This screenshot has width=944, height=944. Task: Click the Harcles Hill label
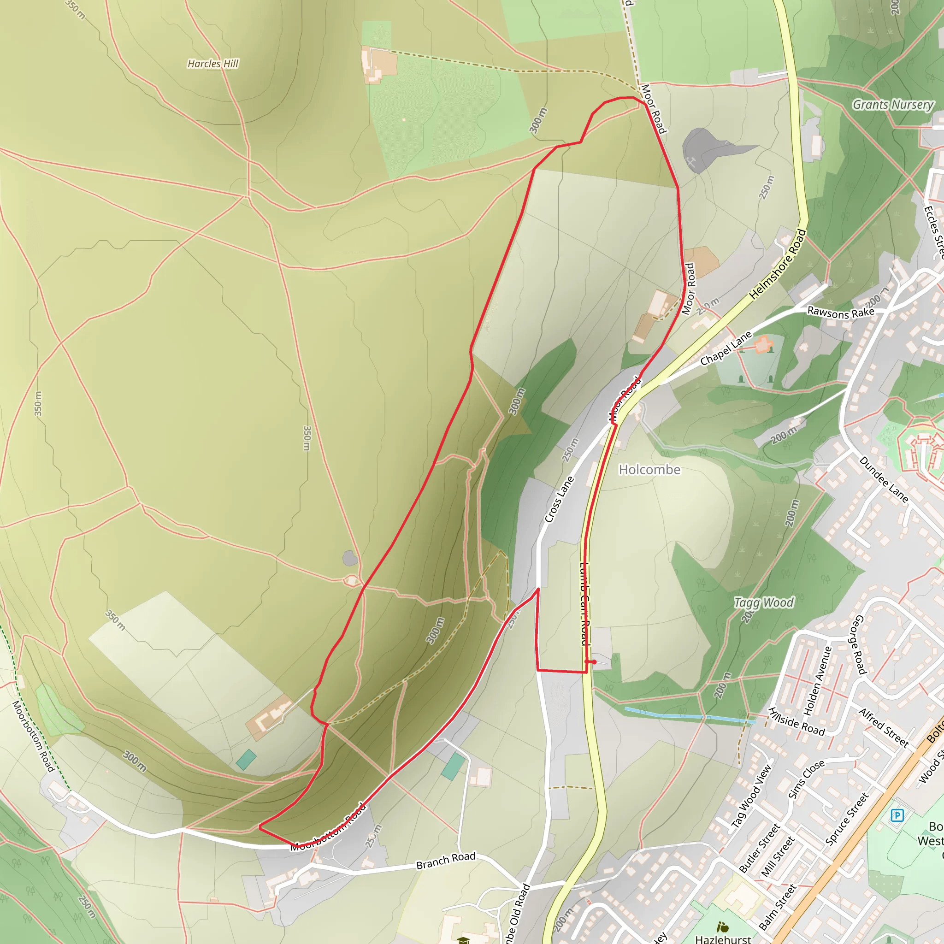click(213, 64)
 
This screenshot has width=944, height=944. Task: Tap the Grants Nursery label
click(893, 105)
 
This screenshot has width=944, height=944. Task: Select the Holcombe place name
click(649, 470)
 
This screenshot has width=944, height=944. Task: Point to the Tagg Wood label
click(764, 603)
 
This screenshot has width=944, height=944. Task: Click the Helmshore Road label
click(778, 264)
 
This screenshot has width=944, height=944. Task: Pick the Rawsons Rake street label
click(840, 312)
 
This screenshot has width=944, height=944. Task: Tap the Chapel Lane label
click(726, 348)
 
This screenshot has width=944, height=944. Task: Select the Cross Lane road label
click(559, 499)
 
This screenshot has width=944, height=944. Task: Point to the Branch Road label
click(446, 861)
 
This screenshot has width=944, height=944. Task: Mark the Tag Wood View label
click(751, 796)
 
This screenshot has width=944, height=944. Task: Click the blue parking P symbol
click(897, 815)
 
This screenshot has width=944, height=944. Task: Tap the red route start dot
click(594, 662)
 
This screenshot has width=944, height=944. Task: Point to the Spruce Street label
click(847, 819)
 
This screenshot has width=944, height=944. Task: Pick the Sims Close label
click(806, 779)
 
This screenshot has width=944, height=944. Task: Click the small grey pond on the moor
click(349, 558)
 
